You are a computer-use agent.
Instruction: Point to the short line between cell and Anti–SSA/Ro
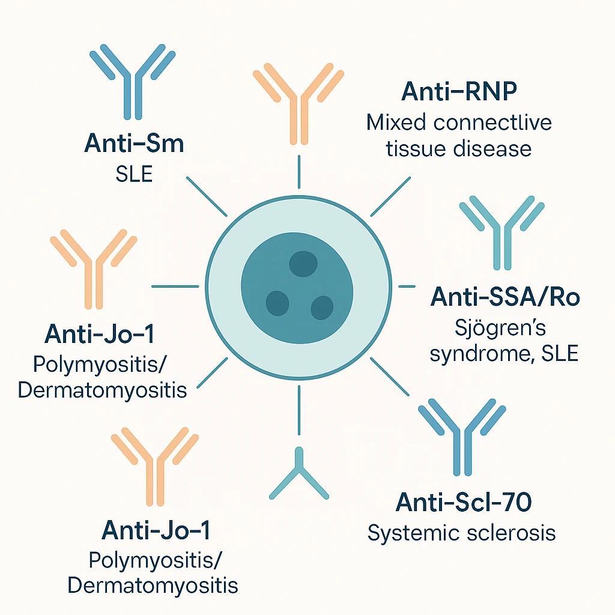point(407,286)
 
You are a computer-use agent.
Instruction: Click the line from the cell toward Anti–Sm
point(207,196)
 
